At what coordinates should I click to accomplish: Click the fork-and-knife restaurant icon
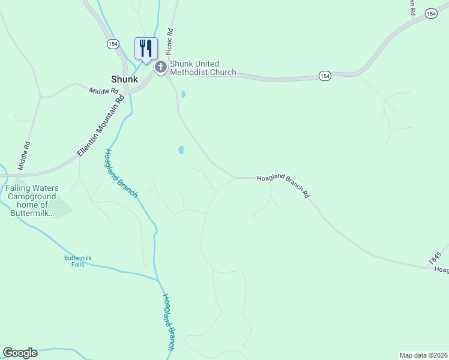[x=145, y=48]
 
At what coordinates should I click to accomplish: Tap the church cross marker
[x=161, y=67]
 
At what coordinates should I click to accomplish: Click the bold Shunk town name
[x=124, y=79]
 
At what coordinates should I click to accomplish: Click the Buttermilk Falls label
[x=77, y=261]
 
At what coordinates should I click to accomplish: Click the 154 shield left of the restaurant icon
[x=113, y=44]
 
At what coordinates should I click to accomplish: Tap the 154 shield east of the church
[x=325, y=76]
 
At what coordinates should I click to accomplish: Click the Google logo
[x=20, y=353]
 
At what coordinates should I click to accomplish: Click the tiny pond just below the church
[x=183, y=94]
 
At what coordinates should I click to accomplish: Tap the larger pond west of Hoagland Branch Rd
[x=181, y=150]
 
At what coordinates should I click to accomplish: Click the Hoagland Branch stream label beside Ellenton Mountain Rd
[x=121, y=173]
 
